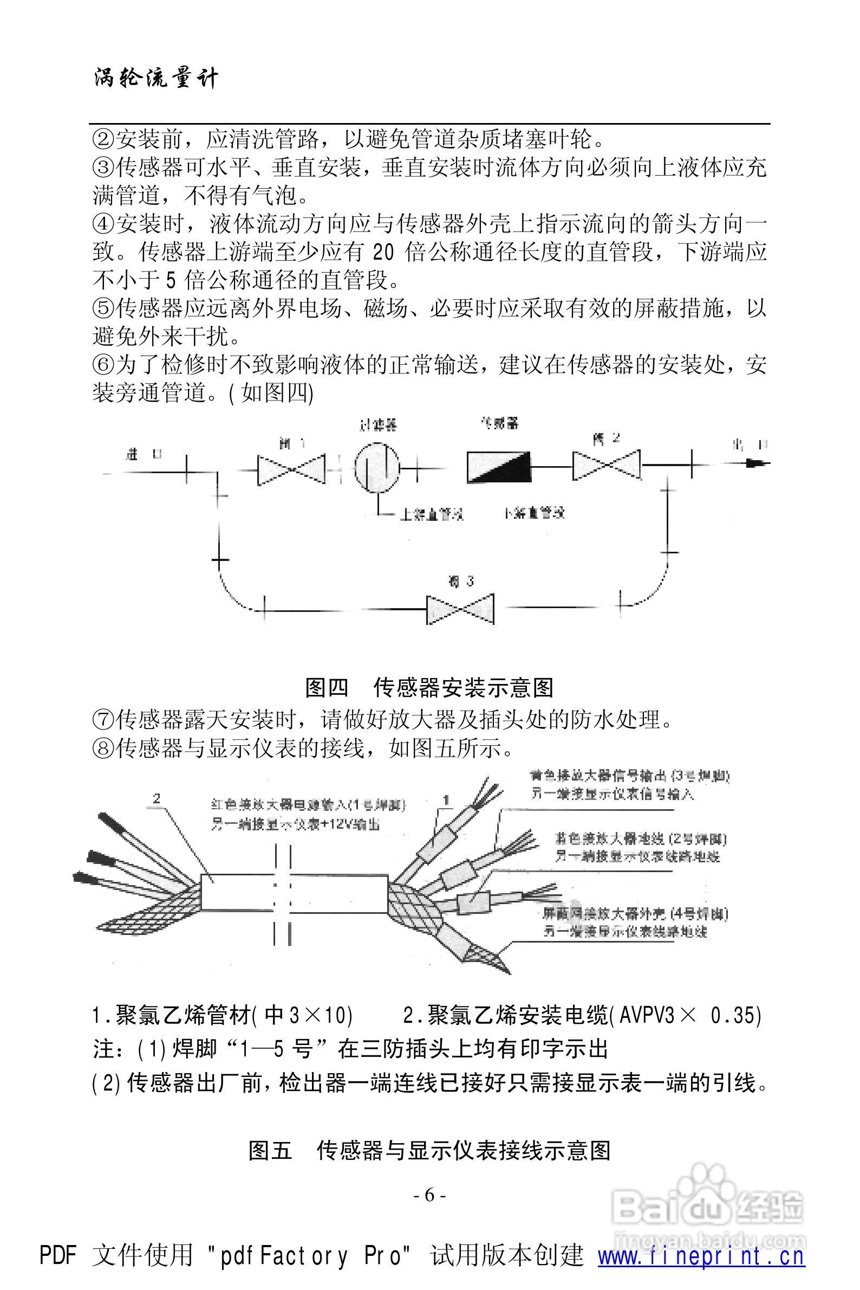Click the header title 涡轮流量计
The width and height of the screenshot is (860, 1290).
pyautogui.click(x=156, y=78)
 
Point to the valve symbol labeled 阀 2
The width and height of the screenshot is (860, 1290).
pyautogui.click(x=607, y=465)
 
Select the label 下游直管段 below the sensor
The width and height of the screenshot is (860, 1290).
pyautogui.click(x=533, y=513)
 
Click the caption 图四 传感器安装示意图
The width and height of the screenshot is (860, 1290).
pyautogui.click(x=429, y=687)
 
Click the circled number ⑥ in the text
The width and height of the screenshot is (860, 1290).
pyautogui.click(x=103, y=365)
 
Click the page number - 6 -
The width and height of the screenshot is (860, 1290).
pyautogui.click(x=429, y=1195)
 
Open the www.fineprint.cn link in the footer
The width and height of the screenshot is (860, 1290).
pyautogui.click(x=701, y=1242)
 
